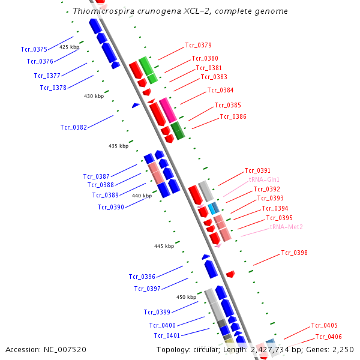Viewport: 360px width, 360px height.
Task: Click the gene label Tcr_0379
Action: coord(198,45)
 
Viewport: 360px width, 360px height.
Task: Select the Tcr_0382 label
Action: coord(74,127)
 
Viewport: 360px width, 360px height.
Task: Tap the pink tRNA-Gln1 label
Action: coord(264,179)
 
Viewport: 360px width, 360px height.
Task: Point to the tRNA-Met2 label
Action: coord(286,227)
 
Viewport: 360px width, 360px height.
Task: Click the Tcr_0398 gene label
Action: coord(294,253)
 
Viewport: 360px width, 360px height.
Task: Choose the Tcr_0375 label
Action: coord(34,49)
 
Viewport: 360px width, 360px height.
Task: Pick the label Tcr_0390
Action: coord(111,207)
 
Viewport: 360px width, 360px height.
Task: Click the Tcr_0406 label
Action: coord(328,337)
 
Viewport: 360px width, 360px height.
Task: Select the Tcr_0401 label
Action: coord(167,335)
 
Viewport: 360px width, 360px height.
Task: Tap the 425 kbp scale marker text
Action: coord(69,46)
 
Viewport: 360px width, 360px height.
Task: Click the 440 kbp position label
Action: coord(142,196)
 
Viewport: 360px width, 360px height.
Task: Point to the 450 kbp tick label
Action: coord(186,297)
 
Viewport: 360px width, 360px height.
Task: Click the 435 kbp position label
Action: coord(118,146)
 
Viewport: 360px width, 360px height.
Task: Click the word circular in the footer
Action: coord(203,349)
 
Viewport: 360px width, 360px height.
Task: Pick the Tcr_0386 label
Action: coord(233,116)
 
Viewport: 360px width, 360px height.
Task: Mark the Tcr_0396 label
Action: coord(142,277)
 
